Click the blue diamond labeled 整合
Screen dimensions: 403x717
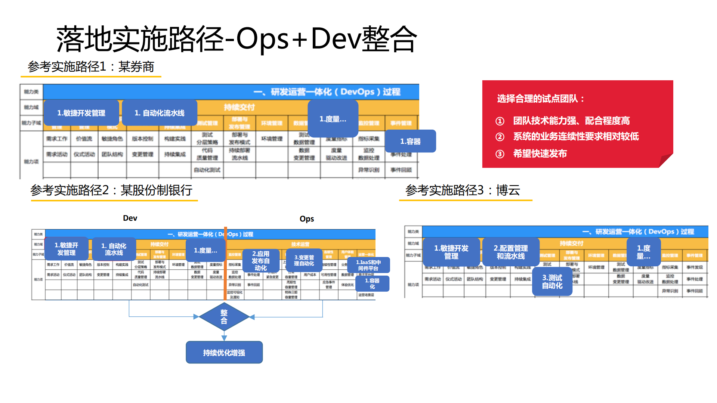click(224, 317)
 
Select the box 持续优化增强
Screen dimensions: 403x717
click(224, 352)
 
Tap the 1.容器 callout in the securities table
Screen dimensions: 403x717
click(410, 141)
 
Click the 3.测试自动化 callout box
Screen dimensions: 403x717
click(552, 282)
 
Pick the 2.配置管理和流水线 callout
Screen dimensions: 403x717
click(510, 252)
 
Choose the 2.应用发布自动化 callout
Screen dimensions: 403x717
click(260, 260)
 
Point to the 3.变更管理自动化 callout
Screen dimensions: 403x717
click(303, 260)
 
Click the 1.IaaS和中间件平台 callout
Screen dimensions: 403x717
click(368, 265)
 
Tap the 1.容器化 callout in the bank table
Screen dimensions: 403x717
click(372, 283)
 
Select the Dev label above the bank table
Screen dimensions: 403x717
click(130, 218)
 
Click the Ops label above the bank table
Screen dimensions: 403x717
click(307, 219)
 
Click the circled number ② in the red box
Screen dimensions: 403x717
click(500, 137)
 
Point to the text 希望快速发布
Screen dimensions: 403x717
click(540, 154)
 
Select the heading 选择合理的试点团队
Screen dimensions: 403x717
click(540, 99)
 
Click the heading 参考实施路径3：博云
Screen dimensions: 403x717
click(463, 190)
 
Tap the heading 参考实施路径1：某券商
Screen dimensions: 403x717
click(91, 67)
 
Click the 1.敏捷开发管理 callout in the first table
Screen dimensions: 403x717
click(81, 113)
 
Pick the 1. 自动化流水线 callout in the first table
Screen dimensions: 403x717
click(160, 113)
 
